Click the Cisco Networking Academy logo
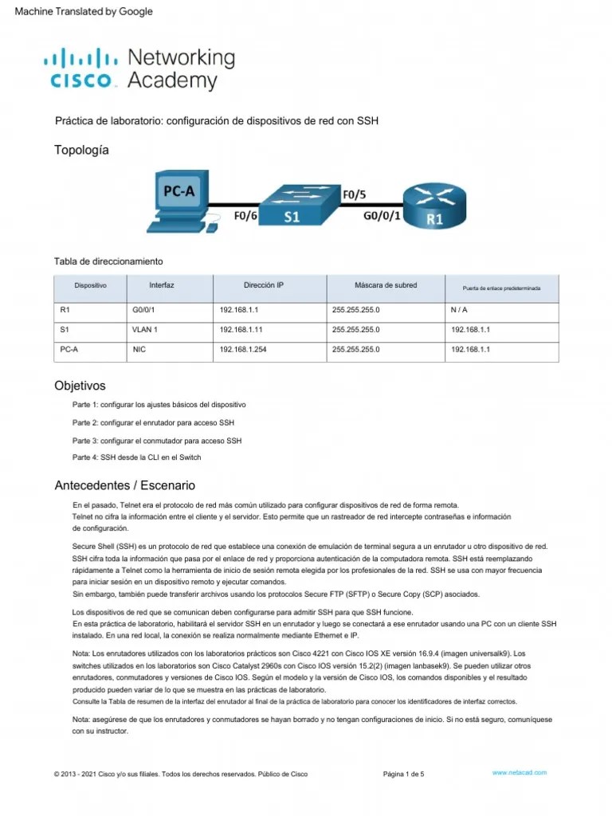tap(139, 69)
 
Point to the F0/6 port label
tap(245, 215)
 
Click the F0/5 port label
tap(355, 194)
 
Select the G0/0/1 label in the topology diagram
tap(382, 216)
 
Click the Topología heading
tap(81, 150)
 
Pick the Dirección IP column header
tap(263, 285)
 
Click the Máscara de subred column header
tap(386, 285)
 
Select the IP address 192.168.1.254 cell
tap(244, 349)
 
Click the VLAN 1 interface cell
tap(145, 329)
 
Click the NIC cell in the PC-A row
tap(139, 349)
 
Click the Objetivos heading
tap(80, 386)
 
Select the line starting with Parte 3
tap(156, 440)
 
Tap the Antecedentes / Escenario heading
tap(124, 485)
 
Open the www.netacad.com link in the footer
tap(520, 772)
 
